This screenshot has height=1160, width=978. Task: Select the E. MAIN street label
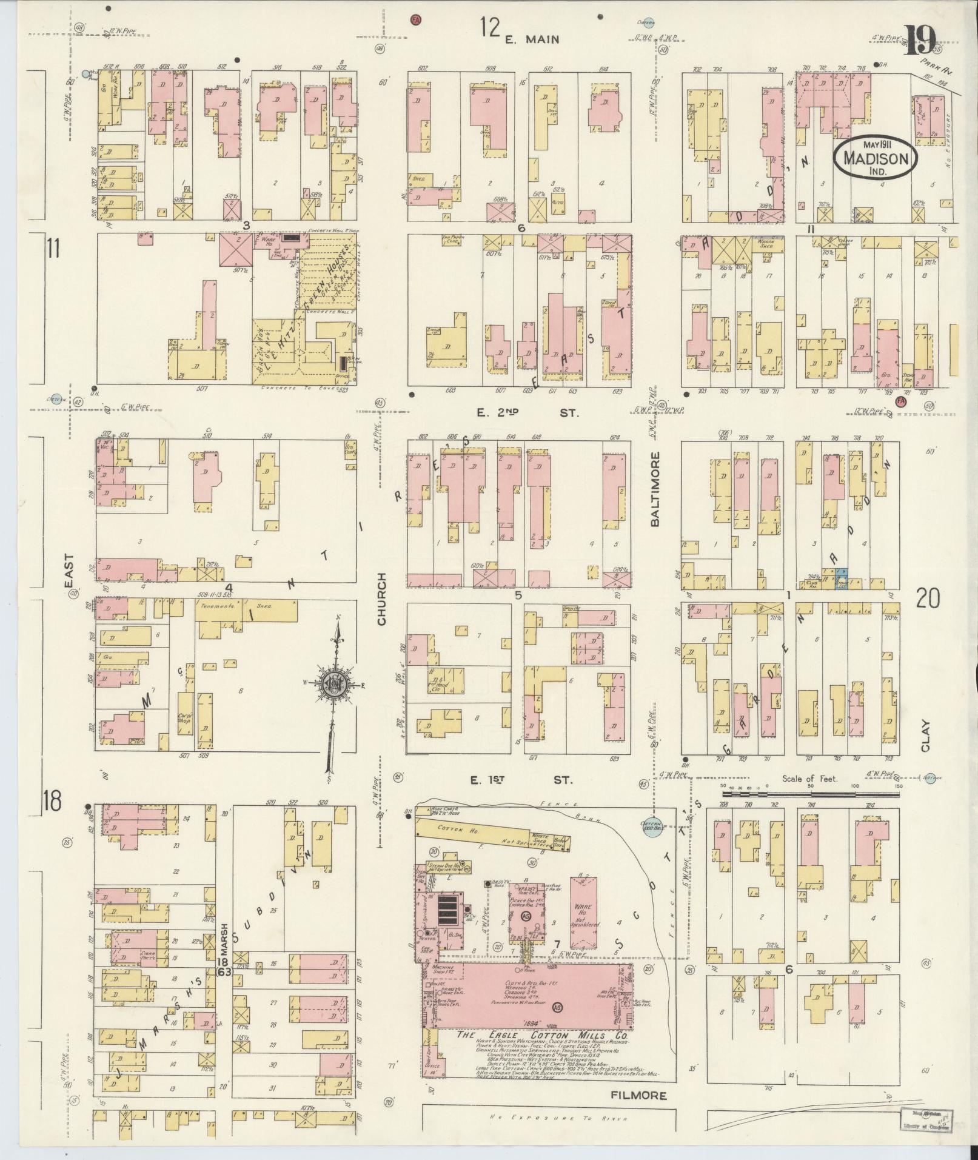click(532, 40)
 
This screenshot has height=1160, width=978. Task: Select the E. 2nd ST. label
click(527, 413)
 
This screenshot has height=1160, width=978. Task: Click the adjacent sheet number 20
click(928, 599)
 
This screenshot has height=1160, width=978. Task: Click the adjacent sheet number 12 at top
click(490, 28)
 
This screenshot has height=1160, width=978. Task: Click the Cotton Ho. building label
click(450, 830)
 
